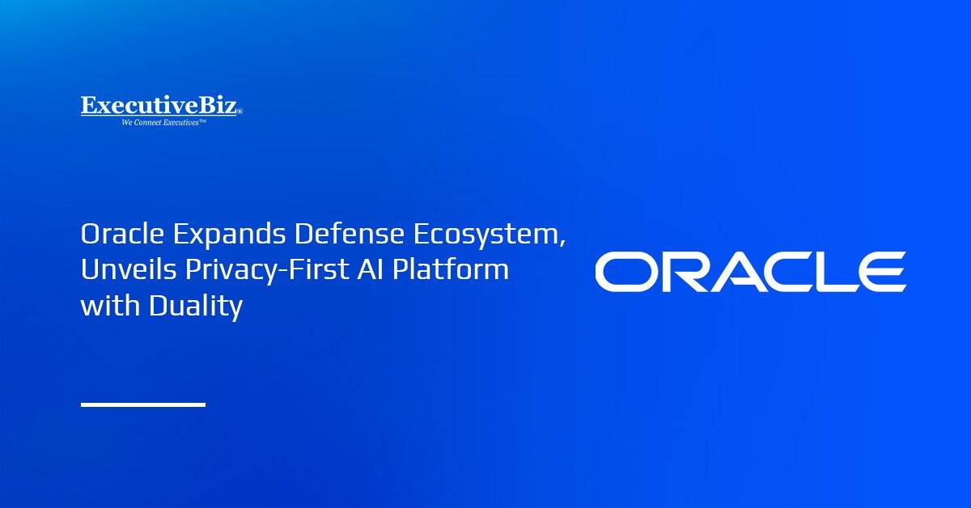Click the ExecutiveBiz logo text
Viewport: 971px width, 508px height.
pyautogui.click(x=159, y=105)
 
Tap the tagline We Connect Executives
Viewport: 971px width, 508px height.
pyautogui.click(x=163, y=123)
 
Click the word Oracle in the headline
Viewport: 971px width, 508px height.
pyautogui.click(x=123, y=233)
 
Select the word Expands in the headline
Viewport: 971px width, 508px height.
pyautogui.click(x=229, y=235)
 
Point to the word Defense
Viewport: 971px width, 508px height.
pyautogui.click(x=350, y=233)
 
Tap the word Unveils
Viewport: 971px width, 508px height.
pyautogui.click(x=129, y=269)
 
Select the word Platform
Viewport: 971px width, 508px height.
pyautogui.click(x=451, y=269)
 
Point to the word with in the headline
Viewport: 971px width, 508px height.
pyautogui.click(x=111, y=305)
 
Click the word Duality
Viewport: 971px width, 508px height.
pyautogui.click(x=196, y=307)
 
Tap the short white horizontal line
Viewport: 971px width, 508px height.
pyautogui.click(x=143, y=404)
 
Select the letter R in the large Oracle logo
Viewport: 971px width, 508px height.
pyautogui.click(x=690, y=272)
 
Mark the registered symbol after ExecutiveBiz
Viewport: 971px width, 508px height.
pyautogui.click(x=240, y=112)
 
